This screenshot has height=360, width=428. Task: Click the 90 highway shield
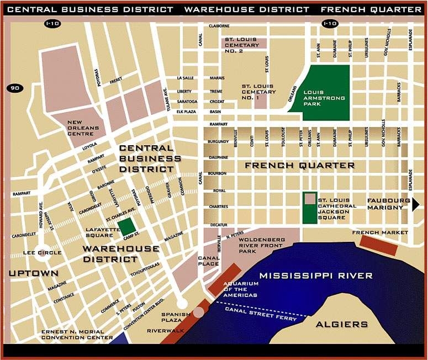(x=13, y=88)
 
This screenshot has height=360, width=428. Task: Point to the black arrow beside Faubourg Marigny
(x=415, y=204)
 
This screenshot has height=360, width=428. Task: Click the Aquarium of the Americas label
(x=241, y=289)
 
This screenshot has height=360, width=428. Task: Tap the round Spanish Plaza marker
(x=199, y=312)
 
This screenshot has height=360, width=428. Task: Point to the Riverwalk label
(x=161, y=330)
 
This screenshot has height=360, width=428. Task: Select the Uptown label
(x=33, y=273)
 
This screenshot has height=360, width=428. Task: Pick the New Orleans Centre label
(x=83, y=128)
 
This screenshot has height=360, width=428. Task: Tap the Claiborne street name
(x=219, y=26)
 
